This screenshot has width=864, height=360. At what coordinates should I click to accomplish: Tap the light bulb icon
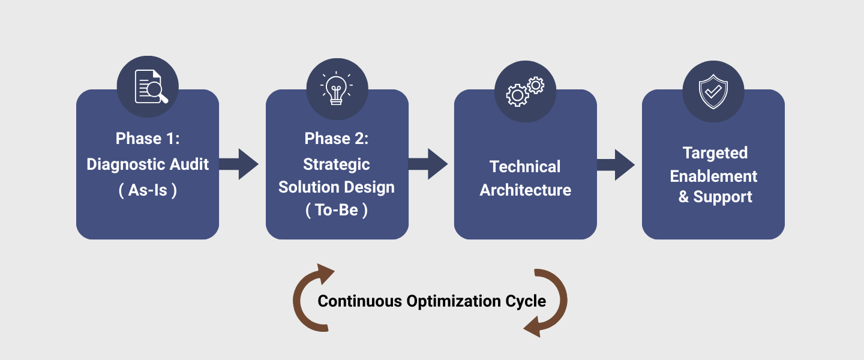coord(337,88)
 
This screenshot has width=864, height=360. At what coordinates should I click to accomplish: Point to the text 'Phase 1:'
coord(148,139)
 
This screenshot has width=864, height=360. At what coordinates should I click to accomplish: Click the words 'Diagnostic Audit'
coord(148,164)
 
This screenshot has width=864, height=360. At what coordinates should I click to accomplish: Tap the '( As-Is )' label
coord(148,191)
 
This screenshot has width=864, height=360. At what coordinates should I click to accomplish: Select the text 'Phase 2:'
coord(337,139)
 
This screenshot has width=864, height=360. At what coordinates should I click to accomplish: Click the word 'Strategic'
coord(337,164)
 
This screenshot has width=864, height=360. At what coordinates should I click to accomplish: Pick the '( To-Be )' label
coord(337,211)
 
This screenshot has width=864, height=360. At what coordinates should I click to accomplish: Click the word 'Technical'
coord(525,166)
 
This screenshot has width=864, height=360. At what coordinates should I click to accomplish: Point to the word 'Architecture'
coord(525,190)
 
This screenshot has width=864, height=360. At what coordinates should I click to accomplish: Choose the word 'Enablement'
coord(713,176)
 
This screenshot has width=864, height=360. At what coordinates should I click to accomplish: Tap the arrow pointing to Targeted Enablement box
coord(616,164)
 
